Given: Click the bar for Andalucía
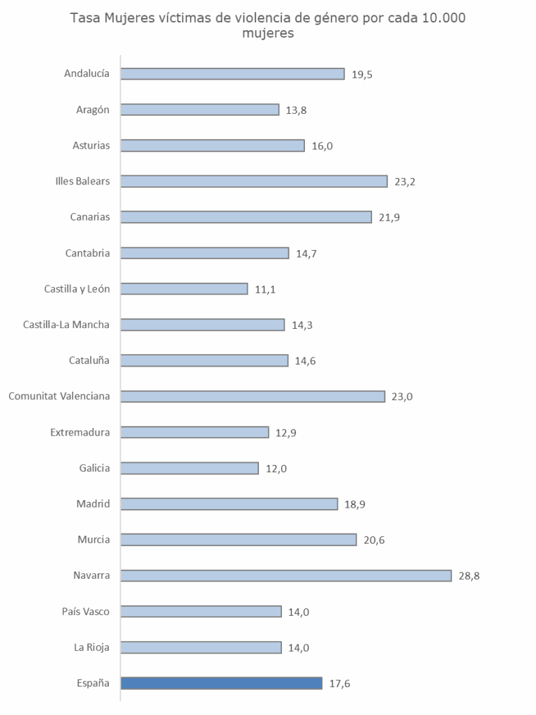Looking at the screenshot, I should coord(232,74).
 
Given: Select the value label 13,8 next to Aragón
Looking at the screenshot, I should coord(297,110).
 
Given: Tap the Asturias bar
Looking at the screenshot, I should coord(212,145).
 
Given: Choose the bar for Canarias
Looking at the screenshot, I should coord(246,217).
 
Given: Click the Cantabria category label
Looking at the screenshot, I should coord(87,253).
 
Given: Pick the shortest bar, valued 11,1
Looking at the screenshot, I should coord(184,289).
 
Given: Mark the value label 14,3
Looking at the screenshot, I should coord(303,325).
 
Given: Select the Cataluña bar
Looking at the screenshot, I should coord(204,360).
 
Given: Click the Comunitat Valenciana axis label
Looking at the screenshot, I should coord(59,397).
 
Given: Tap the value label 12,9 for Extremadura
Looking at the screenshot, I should coord(286,433).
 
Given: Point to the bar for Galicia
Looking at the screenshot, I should coord(189,468).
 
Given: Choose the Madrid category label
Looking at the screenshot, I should coord(94,504).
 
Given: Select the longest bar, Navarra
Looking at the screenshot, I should coord(285,575).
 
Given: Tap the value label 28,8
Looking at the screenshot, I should coord(469,576).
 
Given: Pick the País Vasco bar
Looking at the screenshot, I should coord(200,612).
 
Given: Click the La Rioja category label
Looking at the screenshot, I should coord(93,647).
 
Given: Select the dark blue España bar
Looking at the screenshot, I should coord(221,683).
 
